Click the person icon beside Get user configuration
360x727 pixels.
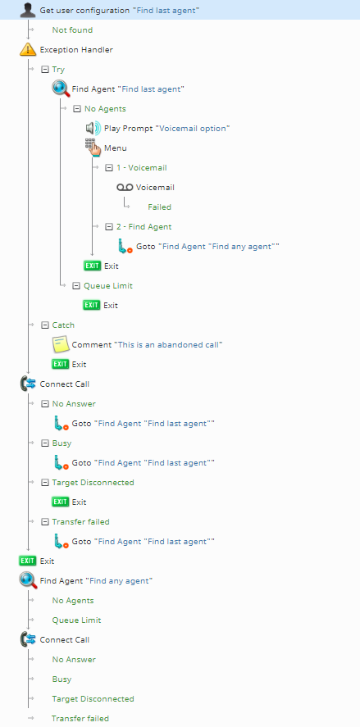(x=28, y=10)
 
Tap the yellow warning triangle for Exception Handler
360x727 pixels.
(x=28, y=49)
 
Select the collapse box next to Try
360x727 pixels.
(x=45, y=69)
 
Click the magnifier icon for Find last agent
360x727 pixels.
(x=61, y=89)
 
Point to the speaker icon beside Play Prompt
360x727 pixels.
(x=93, y=128)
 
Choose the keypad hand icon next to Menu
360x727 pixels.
(x=93, y=148)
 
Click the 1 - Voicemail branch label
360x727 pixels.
(x=142, y=167)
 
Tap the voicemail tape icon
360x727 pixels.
(x=125, y=188)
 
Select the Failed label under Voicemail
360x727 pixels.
(x=160, y=207)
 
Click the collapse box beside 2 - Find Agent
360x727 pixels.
(x=109, y=227)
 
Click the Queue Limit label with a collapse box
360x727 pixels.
(x=108, y=285)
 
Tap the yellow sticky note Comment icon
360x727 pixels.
(x=61, y=344)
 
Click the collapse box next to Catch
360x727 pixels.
(x=45, y=325)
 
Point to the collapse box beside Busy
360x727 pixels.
(x=45, y=443)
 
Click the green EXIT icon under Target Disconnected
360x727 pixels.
(x=61, y=502)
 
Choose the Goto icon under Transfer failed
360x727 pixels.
(x=62, y=541)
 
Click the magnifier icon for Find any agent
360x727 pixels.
(x=28, y=580)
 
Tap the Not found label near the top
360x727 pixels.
(x=72, y=30)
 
